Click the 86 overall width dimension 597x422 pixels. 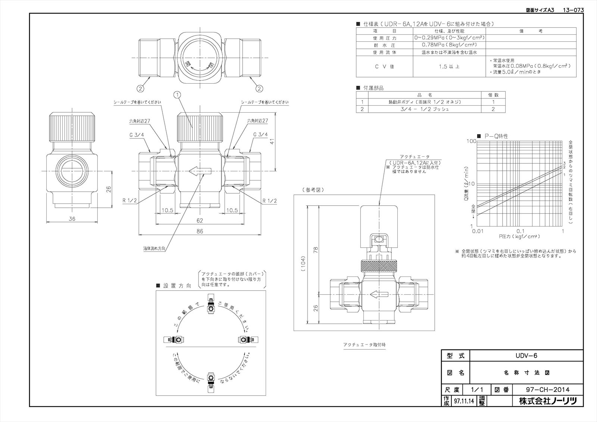click(200, 231)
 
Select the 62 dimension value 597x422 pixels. click(200, 221)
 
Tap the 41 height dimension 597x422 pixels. click(272, 142)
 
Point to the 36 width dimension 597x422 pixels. click(72, 219)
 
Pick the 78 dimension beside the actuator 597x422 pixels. click(316, 250)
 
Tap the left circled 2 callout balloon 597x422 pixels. click(140, 88)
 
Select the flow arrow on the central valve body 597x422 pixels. click(200, 171)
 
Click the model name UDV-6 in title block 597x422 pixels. click(526, 356)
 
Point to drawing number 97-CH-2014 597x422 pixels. click(547, 390)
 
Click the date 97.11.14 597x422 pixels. click(463, 401)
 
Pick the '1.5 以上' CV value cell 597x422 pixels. click(449, 66)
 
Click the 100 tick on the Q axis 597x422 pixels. click(471, 141)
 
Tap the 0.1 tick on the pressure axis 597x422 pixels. click(520, 231)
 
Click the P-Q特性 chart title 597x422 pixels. click(496, 136)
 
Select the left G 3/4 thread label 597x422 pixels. click(135, 134)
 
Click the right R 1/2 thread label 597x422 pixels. click(269, 201)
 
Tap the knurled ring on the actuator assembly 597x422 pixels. click(379, 266)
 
